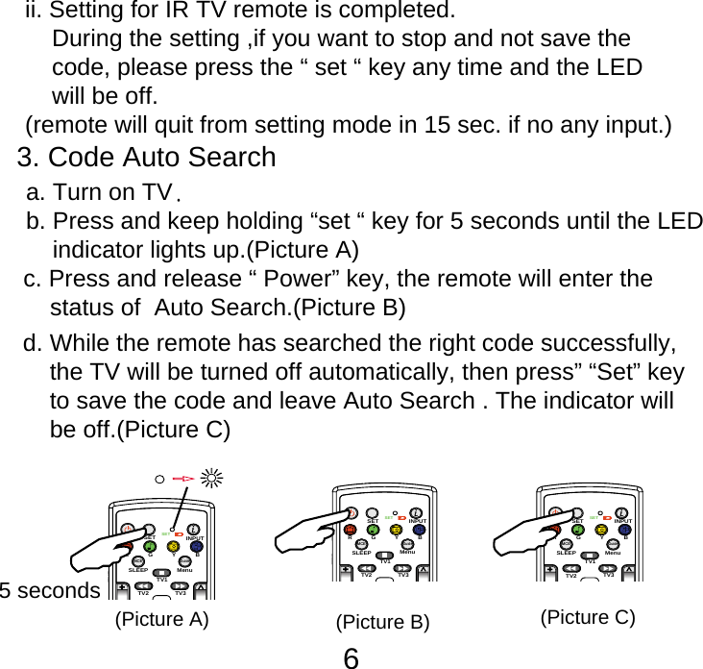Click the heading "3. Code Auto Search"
click(147, 156)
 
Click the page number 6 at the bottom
click(351, 657)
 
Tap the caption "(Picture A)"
click(160, 618)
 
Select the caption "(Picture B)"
click(381, 622)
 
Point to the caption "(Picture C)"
click(588, 616)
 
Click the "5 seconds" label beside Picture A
click(50, 590)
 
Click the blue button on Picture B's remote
click(419, 528)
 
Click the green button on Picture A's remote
click(150, 546)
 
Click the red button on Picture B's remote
click(350, 528)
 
